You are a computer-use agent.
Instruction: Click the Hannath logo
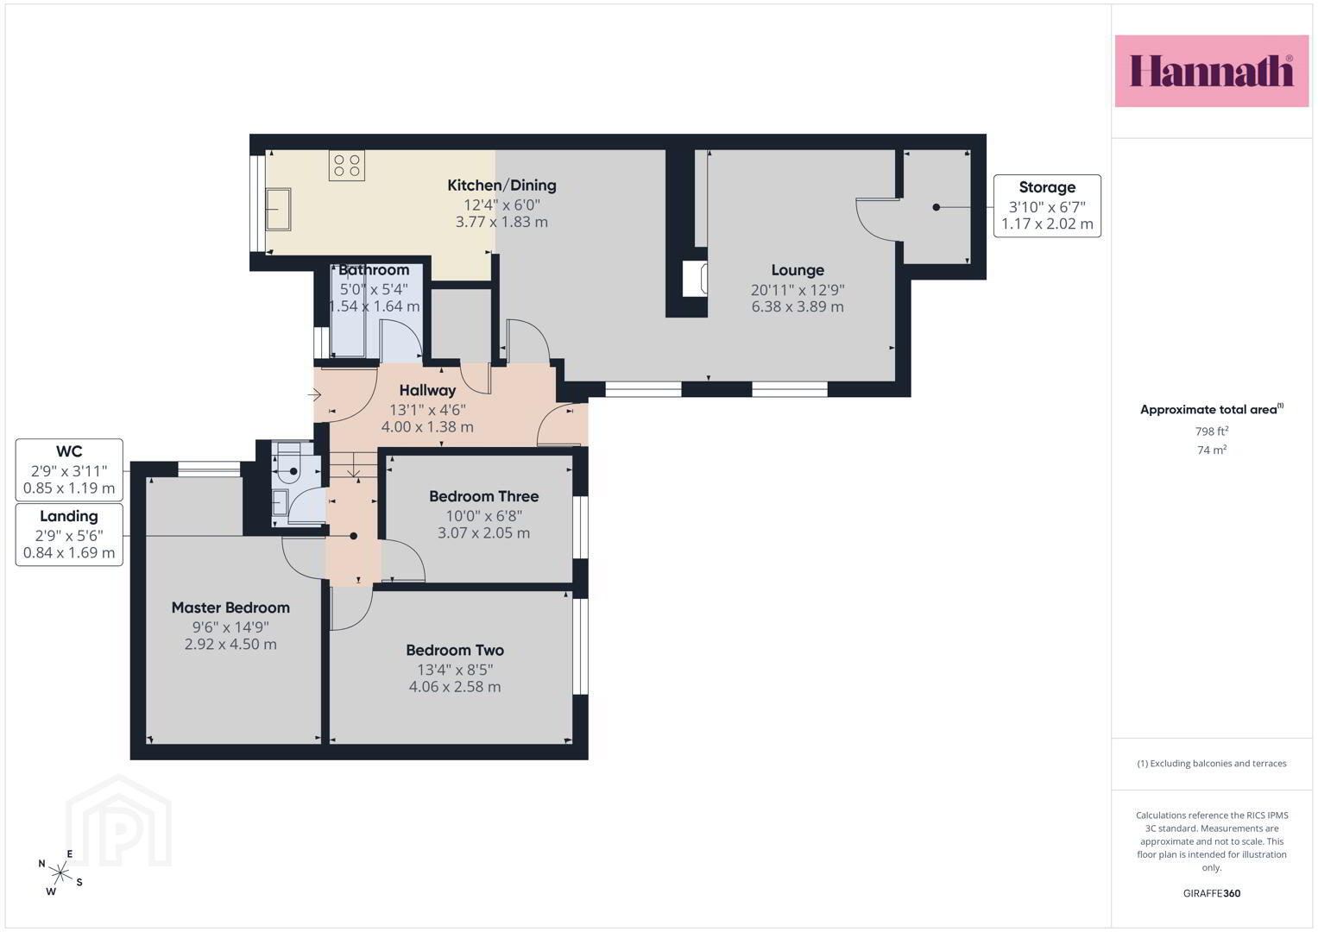point(1212,71)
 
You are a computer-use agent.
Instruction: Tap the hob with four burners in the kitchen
point(347,166)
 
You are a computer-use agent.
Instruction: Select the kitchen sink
point(278,209)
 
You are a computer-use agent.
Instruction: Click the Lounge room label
point(798,270)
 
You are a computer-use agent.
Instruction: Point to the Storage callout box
point(1047,206)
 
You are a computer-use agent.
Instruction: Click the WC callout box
point(69,470)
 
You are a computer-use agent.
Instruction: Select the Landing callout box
point(69,535)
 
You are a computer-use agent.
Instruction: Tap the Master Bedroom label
point(230,608)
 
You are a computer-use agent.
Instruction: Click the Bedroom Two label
point(455,650)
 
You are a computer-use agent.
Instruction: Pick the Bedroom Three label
point(483,496)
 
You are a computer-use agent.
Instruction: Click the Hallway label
point(428,391)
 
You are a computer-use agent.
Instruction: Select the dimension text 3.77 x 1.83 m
point(501,222)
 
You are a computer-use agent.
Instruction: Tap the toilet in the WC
point(289,465)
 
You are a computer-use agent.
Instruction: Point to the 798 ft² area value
point(1212,431)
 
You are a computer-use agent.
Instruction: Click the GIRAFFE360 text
point(1212,893)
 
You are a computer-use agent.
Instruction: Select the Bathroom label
point(374,270)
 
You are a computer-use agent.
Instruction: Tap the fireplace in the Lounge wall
point(695,279)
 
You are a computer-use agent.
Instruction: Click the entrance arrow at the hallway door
point(315,395)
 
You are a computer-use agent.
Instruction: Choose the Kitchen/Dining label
point(501,186)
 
